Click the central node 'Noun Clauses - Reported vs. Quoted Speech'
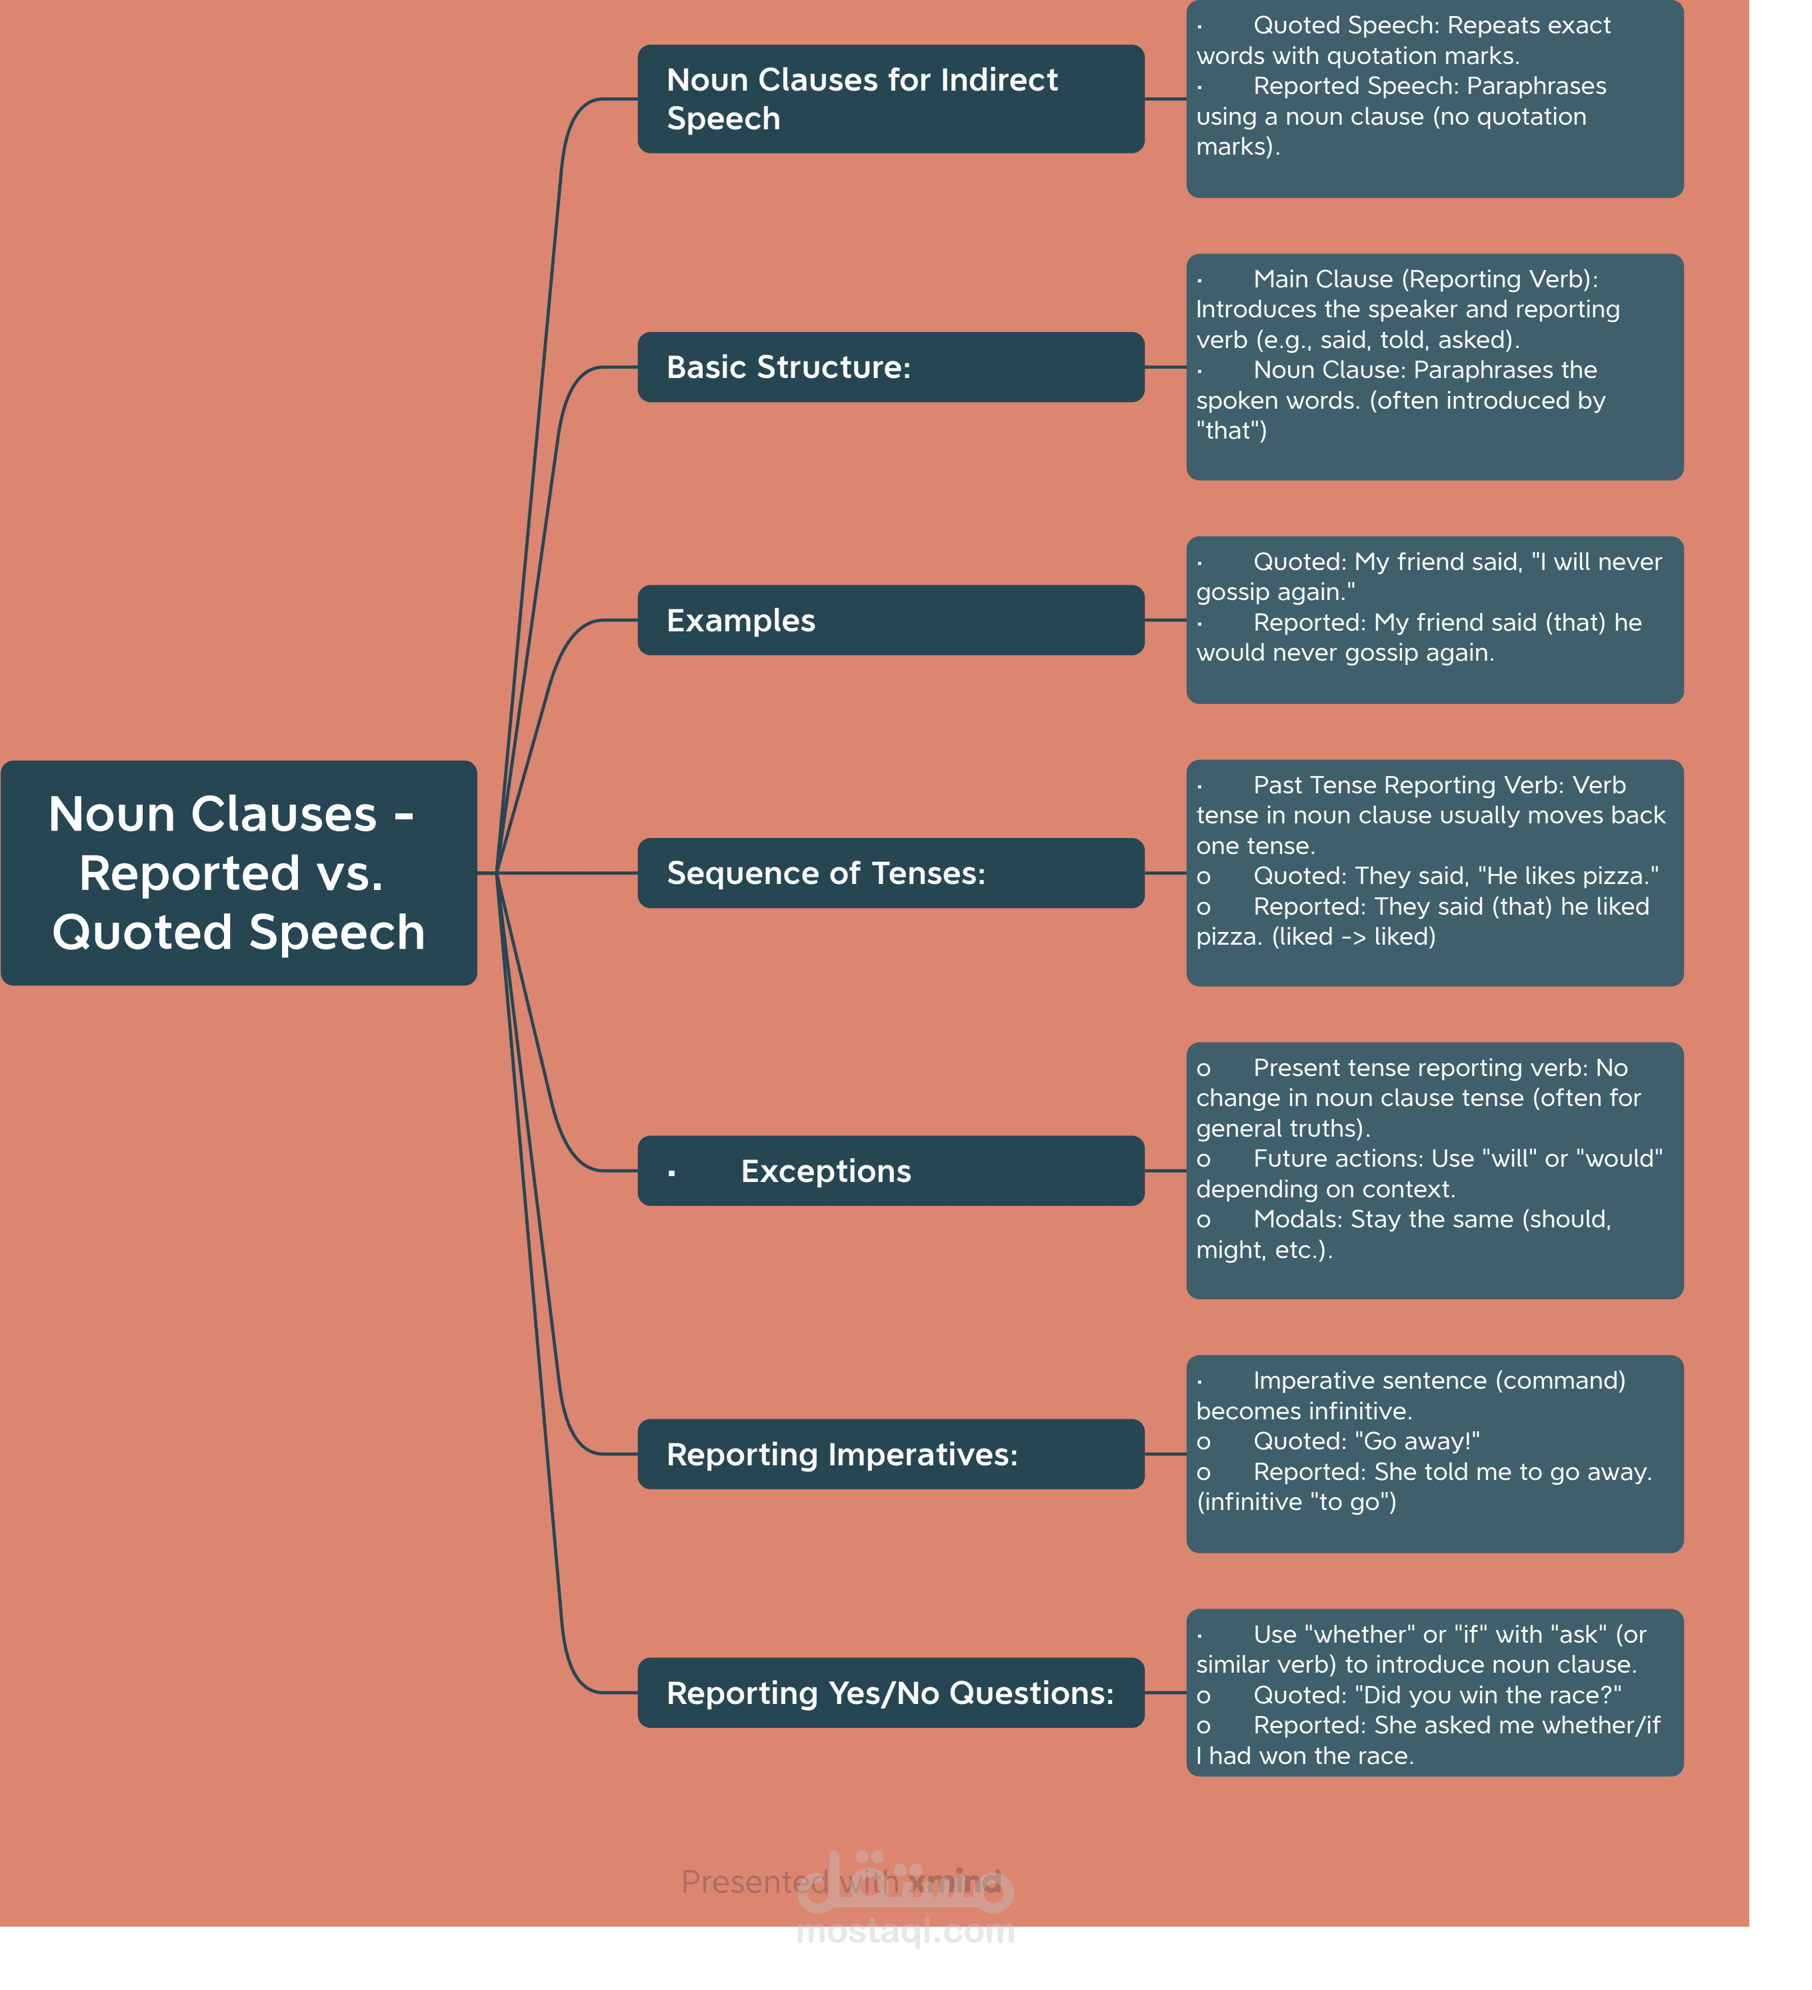click(x=239, y=873)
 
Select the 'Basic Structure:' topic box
click(x=890, y=367)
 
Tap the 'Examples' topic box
click(x=890, y=620)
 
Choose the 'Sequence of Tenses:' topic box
click(x=890, y=873)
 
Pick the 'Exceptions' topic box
click(x=890, y=1171)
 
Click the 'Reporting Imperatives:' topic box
click(x=890, y=1454)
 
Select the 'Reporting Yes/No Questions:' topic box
click(x=890, y=1693)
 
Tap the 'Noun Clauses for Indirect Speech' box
click(x=890, y=99)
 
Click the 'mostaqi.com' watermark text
click(x=905, y=1932)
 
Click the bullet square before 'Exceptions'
click(x=671, y=1173)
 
